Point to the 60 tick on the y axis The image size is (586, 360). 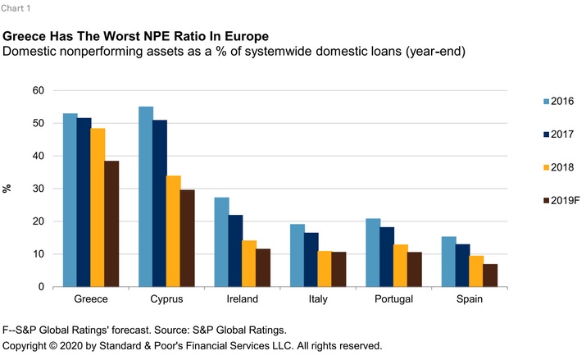tap(37, 90)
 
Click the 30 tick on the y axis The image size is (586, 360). tap(37, 189)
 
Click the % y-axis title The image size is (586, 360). tap(8, 189)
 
